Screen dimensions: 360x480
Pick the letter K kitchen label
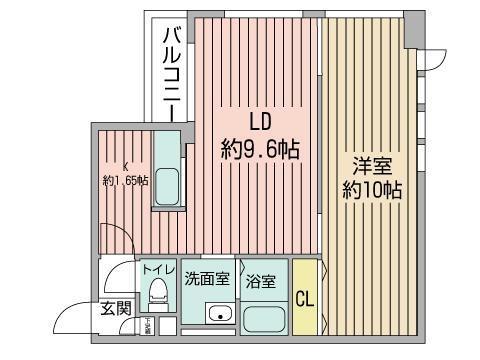(x=125, y=166)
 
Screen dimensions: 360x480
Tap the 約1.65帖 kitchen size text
(x=125, y=181)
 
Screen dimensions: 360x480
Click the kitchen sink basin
(x=167, y=186)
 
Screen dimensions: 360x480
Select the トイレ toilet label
(x=158, y=270)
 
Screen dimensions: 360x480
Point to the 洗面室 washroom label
(x=208, y=278)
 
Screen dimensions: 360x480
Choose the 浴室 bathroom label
(x=262, y=280)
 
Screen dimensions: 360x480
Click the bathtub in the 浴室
(x=265, y=321)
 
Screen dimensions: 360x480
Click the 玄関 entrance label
(x=115, y=308)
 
